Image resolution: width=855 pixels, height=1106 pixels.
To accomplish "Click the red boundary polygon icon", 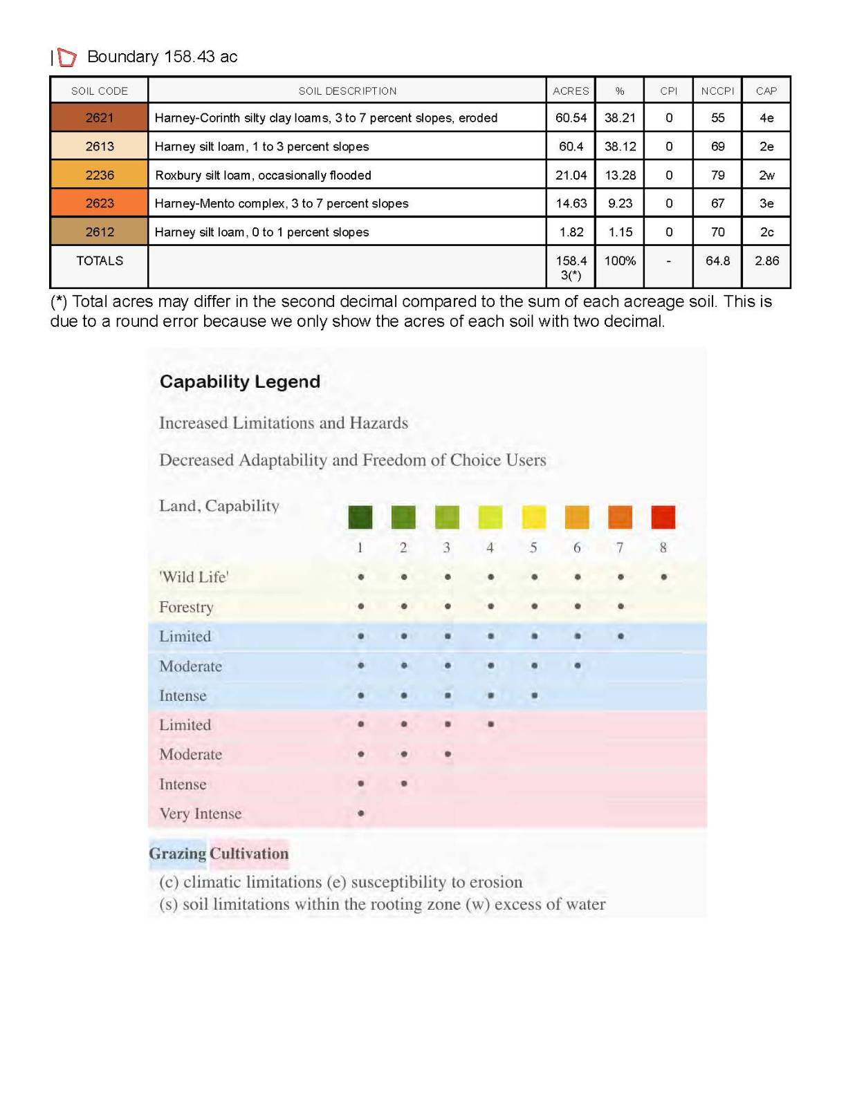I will tap(66, 57).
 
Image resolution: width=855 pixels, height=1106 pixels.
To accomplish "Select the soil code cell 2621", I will tap(99, 118).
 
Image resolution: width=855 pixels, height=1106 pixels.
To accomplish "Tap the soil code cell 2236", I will tap(99, 175).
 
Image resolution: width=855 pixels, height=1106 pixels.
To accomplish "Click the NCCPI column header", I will tap(717, 91).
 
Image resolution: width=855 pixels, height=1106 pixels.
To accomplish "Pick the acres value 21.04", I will tap(571, 175).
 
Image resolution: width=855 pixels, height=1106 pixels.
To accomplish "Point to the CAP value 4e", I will tap(766, 118).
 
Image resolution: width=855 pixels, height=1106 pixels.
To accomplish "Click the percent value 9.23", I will tap(620, 203).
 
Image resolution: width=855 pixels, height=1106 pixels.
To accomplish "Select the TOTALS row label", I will tap(100, 261).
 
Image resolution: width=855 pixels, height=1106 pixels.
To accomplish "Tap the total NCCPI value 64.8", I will tap(717, 261).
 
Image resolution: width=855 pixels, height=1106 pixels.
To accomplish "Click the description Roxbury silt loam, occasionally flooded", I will tap(263, 175).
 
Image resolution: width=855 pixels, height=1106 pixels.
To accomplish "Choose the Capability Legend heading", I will tap(239, 382).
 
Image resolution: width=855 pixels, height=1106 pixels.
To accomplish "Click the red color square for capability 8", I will tap(663, 517).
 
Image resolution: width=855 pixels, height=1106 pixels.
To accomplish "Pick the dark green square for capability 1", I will tap(360, 517).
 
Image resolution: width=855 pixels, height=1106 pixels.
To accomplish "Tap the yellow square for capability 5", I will tap(533, 517).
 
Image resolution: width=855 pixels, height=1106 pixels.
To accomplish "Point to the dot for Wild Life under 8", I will tap(663, 577).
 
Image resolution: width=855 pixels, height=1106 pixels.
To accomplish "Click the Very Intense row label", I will tap(200, 814).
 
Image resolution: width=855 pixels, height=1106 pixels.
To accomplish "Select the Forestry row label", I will tap(186, 607).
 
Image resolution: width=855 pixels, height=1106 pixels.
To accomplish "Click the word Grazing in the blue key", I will tap(177, 854).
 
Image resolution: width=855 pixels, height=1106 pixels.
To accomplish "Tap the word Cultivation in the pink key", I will tap(249, 854).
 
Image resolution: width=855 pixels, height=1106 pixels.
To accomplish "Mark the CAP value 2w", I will tap(766, 175).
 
